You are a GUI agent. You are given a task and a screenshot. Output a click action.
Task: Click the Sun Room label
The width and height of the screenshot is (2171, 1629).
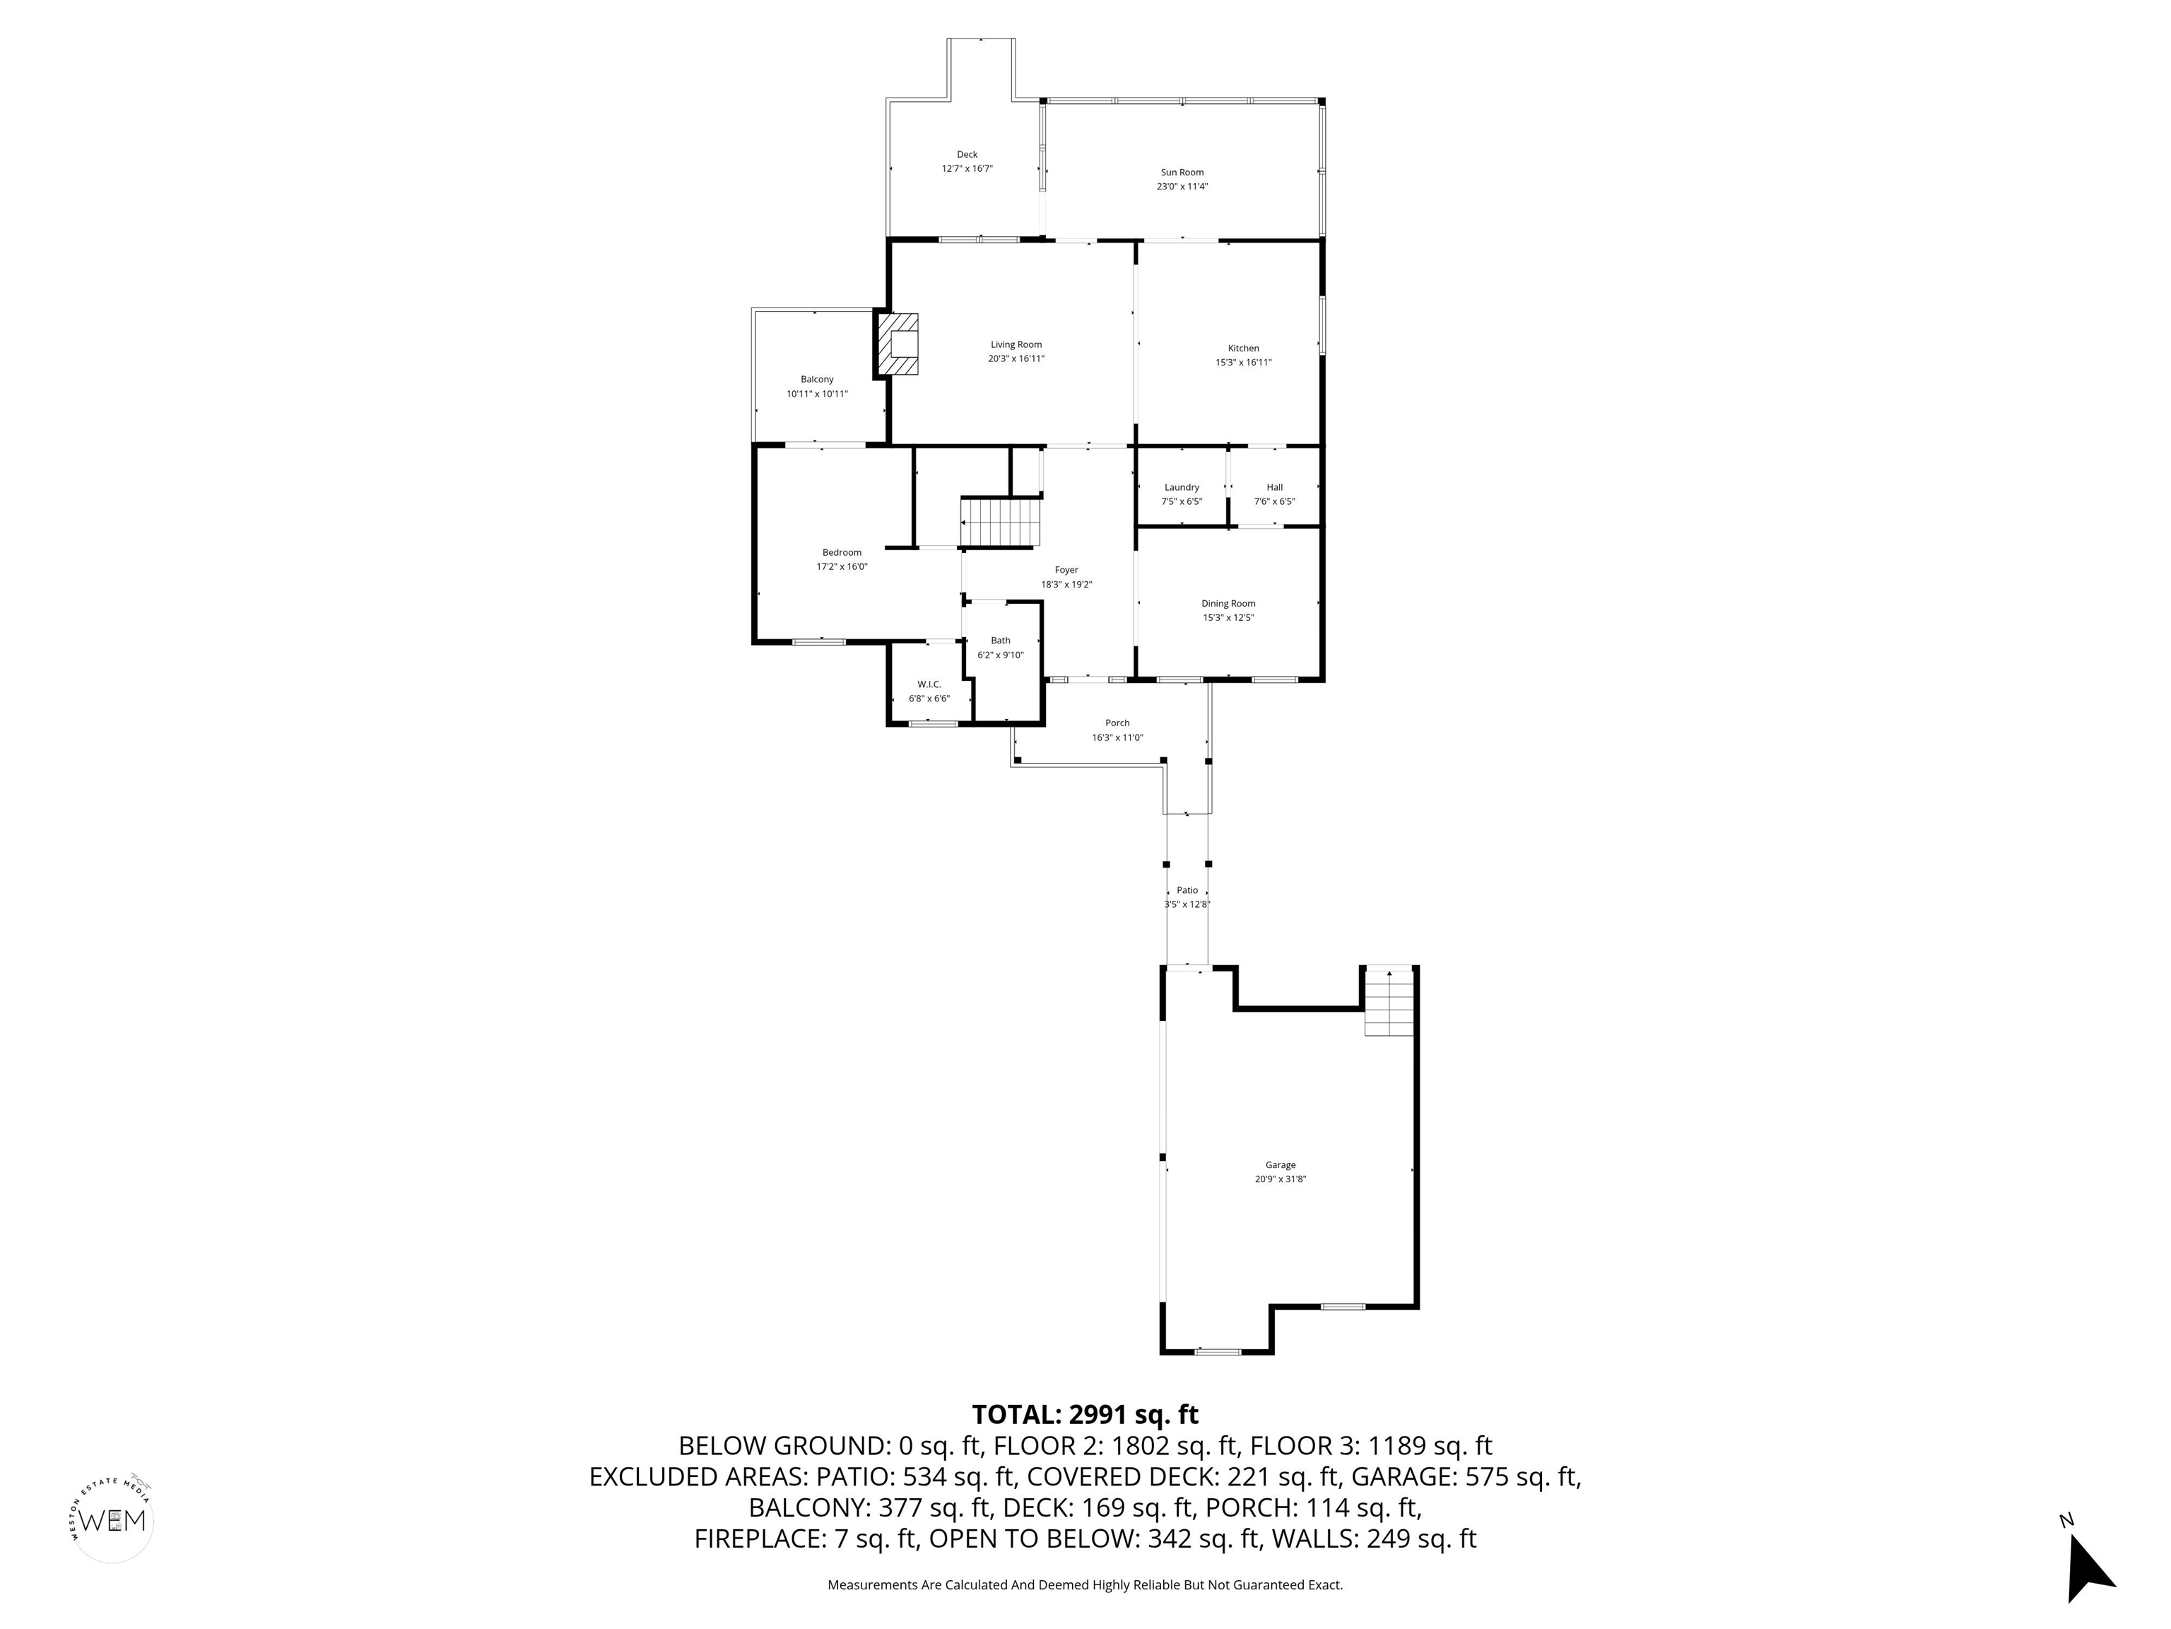(x=1182, y=172)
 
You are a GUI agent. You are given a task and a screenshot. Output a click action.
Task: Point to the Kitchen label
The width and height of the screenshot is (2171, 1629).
(x=1244, y=349)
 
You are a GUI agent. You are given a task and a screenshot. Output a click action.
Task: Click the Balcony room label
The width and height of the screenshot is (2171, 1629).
(x=816, y=380)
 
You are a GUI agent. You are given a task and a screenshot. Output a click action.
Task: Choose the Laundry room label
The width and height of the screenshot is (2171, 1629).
(x=1182, y=487)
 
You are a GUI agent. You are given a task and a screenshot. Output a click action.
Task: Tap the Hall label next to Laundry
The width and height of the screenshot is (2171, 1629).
(x=1274, y=487)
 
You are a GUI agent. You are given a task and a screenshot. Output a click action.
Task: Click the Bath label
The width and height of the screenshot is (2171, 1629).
(x=1000, y=640)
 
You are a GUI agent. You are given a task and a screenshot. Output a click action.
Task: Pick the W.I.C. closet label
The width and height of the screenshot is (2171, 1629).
(x=929, y=684)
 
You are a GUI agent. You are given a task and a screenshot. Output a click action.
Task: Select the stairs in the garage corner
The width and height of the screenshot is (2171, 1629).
(x=1390, y=1003)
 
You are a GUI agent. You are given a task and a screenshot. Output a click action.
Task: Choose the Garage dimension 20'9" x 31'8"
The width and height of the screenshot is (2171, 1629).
(x=1280, y=1179)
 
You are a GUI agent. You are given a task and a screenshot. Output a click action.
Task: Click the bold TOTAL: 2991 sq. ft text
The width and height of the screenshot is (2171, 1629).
(x=1085, y=1415)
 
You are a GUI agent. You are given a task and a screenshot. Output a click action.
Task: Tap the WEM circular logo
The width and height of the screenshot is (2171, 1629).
(x=114, y=1520)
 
